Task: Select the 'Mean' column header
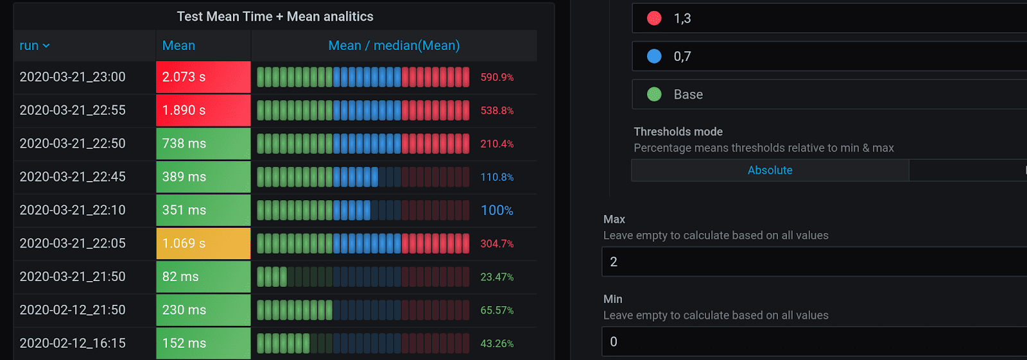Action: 178,46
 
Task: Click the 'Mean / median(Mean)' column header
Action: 393,46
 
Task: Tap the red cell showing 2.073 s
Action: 203,77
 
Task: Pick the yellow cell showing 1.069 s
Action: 203,244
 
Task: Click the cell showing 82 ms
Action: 203,277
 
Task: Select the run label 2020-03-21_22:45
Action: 73,177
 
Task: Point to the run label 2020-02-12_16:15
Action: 73,343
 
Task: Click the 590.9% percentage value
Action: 497,78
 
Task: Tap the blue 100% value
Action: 497,210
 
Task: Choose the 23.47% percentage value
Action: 497,277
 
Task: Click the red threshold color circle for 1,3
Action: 654,19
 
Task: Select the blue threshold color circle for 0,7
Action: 654,56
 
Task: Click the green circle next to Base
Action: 654,94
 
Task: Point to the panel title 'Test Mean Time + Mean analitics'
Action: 275,17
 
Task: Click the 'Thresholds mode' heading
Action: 678,132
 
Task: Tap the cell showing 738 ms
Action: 203,144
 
